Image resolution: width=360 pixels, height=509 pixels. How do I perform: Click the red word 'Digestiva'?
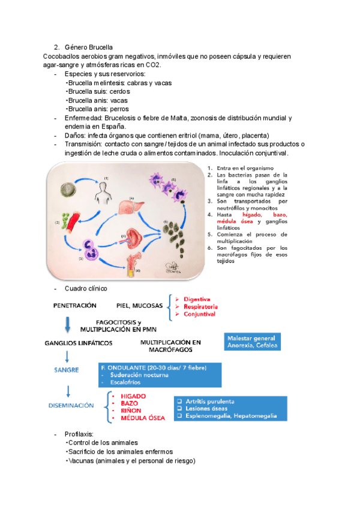coord(197,298)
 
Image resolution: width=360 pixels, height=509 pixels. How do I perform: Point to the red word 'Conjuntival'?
coord(200,313)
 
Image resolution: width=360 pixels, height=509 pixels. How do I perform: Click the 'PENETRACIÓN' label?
coord(75,306)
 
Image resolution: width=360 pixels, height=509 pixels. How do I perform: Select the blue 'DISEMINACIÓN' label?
coord(71,405)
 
